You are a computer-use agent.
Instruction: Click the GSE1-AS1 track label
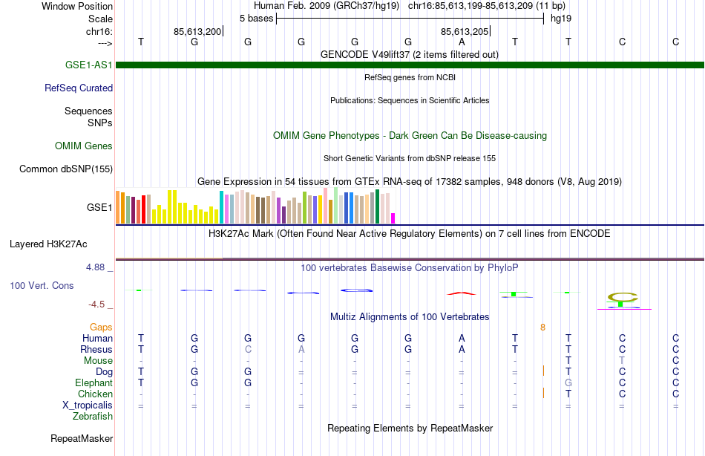point(89,65)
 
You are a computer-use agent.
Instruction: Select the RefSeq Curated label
point(79,88)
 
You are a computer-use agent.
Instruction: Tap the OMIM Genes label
point(84,146)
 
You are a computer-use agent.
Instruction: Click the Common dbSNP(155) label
point(66,169)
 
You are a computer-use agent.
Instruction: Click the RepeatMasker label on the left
point(81,439)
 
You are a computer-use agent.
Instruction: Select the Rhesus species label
point(96,349)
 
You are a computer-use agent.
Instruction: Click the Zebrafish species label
point(93,417)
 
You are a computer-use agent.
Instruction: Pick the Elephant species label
point(94,383)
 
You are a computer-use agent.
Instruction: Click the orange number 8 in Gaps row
point(542,327)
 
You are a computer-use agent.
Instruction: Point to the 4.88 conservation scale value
point(99,267)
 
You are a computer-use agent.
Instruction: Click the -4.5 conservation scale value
point(99,304)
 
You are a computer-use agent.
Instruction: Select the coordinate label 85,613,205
point(465,32)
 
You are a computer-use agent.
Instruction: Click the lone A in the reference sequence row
point(462,42)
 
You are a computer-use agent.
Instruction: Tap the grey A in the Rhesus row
point(301,349)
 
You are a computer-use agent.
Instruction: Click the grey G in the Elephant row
point(568,383)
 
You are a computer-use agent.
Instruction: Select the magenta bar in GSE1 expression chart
point(393,218)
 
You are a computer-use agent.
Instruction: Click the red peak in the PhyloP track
point(462,293)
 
